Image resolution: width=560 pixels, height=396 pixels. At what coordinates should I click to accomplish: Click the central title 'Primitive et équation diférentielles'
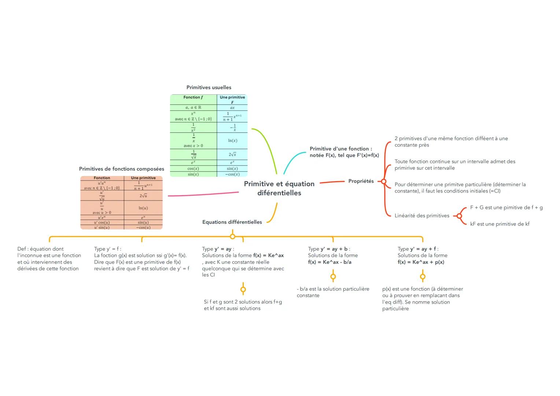(279, 188)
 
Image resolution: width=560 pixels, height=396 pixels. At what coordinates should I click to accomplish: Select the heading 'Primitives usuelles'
(209, 87)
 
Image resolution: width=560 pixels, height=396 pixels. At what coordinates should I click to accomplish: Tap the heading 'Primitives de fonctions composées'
(122, 169)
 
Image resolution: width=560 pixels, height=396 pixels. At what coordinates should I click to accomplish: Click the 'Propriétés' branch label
(361, 181)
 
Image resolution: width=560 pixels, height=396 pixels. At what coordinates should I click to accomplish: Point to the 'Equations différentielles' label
(232, 222)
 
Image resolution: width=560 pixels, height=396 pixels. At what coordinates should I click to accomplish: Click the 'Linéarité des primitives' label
(422, 216)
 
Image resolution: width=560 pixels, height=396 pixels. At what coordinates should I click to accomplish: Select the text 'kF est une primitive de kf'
(500, 224)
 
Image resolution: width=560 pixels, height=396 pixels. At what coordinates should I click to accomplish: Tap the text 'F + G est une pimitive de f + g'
(506, 208)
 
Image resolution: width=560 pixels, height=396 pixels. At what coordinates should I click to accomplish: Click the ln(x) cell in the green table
(232, 140)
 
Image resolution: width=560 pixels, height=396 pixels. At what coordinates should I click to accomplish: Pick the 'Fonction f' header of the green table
(193, 98)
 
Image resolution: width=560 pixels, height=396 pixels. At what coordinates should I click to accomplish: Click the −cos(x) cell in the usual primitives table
(232, 174)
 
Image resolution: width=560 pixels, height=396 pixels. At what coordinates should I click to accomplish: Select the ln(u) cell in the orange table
(143, 208)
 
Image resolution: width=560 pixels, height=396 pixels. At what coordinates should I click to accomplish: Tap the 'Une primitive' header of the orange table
(143, 178)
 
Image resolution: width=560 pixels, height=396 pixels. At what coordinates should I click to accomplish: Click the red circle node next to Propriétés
(384, 181)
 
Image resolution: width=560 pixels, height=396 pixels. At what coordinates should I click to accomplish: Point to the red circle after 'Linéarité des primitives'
(459, 216)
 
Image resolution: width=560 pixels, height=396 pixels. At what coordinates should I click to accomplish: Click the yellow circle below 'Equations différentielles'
(232, 236)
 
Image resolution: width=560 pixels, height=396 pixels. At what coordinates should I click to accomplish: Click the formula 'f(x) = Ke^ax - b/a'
(329, 262)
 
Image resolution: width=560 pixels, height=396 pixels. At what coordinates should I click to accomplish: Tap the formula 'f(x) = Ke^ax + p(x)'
(421, 262)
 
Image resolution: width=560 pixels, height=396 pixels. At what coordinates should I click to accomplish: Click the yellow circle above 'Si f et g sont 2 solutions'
(243, 289)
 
